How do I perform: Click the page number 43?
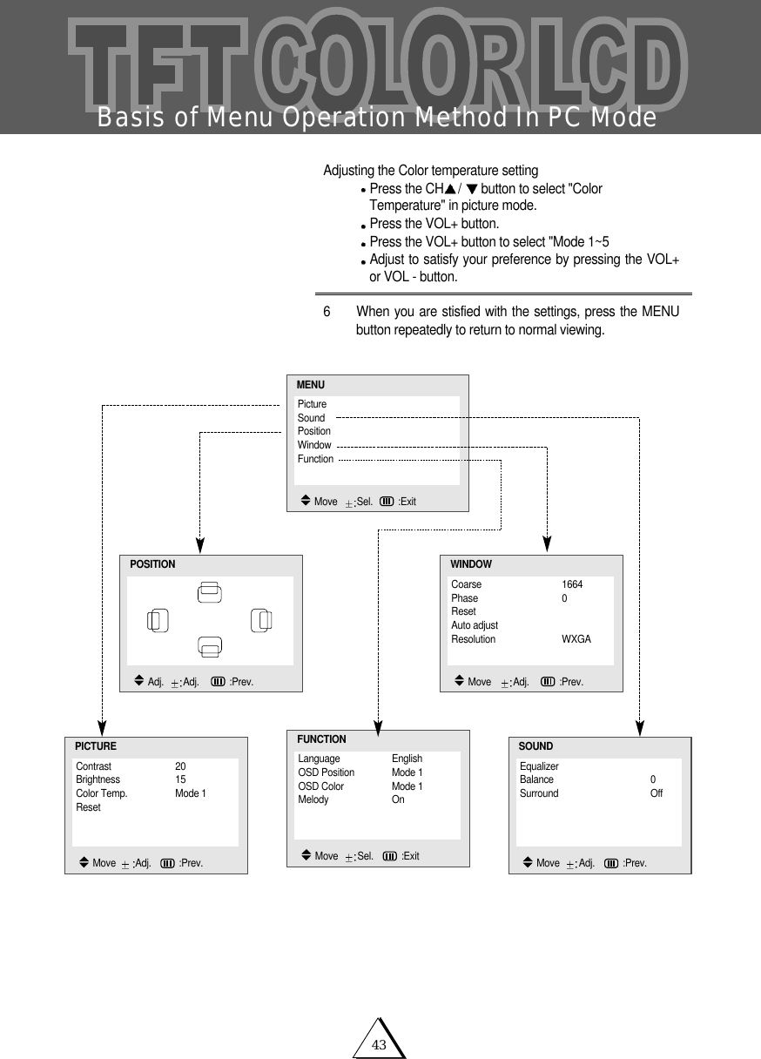(x=379, y=1044)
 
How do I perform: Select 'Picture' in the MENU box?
(x=312, y=404)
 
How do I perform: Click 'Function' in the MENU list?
(x=315, y=458)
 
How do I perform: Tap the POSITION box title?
(x=152, y=564)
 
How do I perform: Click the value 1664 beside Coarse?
(x=572, y=584)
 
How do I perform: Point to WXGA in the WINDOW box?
(x=576, y=639)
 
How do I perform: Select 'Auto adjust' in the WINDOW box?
(x=475, y=625)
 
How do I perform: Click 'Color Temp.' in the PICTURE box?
(x=102, y=793)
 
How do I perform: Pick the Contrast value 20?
(x=180, y=766)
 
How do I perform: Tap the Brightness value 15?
(x=180, y=779)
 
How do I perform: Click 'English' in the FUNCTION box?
(x=407, y=759)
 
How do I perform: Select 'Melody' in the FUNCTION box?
(x=313, y=799)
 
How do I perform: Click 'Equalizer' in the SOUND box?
(x=539, y=766)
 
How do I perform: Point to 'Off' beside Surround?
(x=657, y=793)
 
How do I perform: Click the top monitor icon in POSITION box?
(x=209, y=591)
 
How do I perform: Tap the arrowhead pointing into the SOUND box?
(x=640, y=725)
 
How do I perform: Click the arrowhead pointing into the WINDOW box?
(x=547, y=543)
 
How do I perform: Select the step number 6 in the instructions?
(x=327, y=312)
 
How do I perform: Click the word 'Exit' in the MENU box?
(x=407, y=502)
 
